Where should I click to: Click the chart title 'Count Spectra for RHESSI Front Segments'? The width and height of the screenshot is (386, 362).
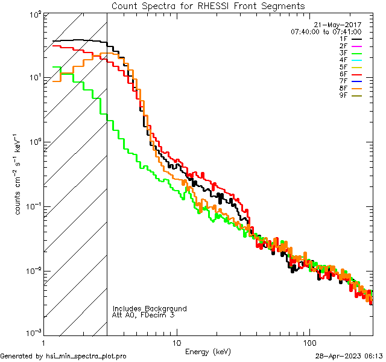[x=208, y=5]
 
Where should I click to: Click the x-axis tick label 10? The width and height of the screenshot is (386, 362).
[x=176, y=342]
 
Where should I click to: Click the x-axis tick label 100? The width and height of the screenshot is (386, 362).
[x=309, y=342]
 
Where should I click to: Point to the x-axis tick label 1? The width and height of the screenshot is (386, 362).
[x=44, y=342]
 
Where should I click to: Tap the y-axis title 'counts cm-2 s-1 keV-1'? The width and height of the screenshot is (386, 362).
[x=20, y=174]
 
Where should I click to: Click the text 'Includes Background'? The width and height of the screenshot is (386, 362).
[x=150, y=308]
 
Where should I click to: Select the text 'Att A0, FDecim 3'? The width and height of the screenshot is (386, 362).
[x=143, y=315]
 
